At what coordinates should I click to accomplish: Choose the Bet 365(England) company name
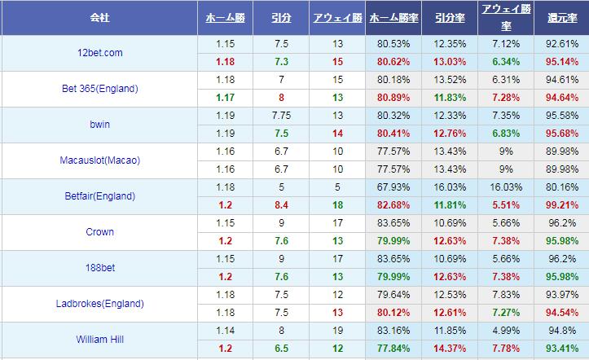(x=100, y=89)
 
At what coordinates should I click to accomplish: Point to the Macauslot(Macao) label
(x=100, y=160)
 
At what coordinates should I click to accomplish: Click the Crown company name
(x=99, y=232)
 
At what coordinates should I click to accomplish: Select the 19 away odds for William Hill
(x=337, y=331)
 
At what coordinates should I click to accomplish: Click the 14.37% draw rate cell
(x=450, y=349)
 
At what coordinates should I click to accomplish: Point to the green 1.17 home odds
(x=225, y=98)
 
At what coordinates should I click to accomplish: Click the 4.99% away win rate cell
(x=507, y=331)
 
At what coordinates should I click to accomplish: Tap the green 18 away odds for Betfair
(x=337, y=205)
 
